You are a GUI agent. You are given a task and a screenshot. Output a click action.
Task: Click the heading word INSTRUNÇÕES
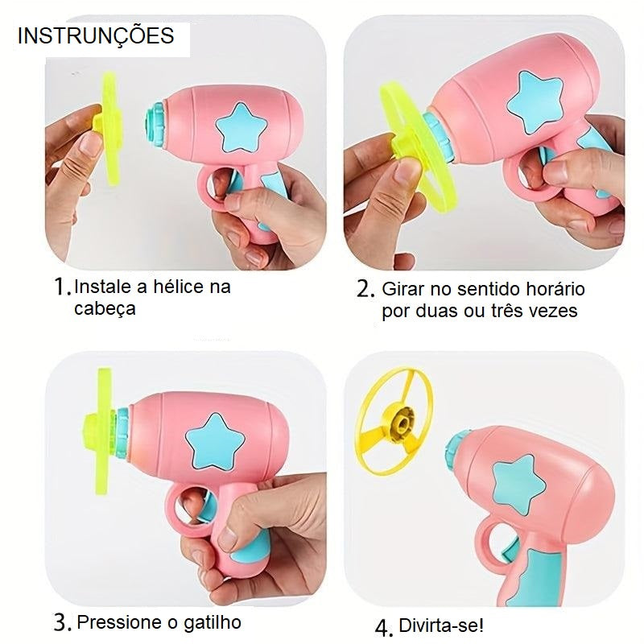[95, 36]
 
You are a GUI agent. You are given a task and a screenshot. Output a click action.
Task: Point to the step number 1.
[61, 287]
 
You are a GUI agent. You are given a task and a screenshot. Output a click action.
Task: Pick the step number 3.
[63, 621]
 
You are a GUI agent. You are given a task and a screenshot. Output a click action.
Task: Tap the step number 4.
[385, 626]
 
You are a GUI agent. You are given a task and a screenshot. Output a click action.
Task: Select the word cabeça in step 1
[103, 309]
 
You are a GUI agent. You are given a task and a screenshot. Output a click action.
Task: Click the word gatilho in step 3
[211, 621]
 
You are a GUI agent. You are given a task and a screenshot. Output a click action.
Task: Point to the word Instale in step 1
[101, 287]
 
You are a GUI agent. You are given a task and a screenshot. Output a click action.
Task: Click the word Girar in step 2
[402, 289]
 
